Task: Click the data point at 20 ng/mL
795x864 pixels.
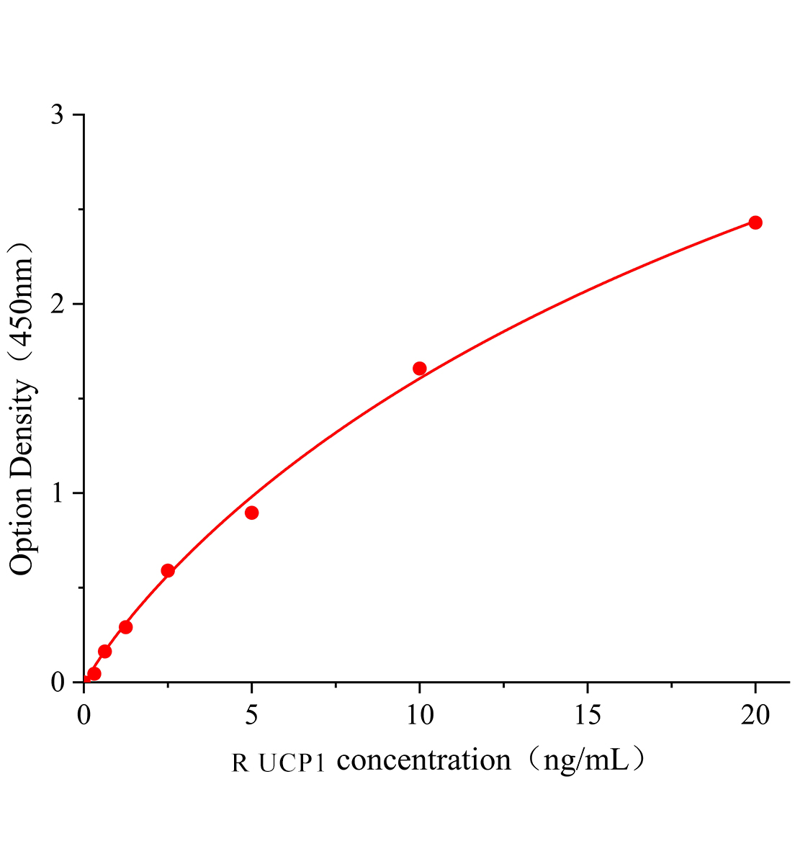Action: pyautogui.click(x=755, y=222)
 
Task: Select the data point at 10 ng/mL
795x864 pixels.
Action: pyautogui.click(x=419, y=369)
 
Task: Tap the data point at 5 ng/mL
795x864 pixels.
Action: pyautogui.click(x=251, y=513)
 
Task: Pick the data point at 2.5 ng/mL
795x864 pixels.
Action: pyautogui.click(x=168, y=570)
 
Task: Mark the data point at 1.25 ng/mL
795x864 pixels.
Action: pyautogui.click(x=125, y=626)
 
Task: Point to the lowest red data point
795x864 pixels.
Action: pyautogui.click(x=94, y=674)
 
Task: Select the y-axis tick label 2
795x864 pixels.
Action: pyautogui.click(x=58, y=304)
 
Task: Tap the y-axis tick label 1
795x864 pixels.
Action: pyautogui.click(x=58, y=493)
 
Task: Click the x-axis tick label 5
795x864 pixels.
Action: pyautogui.click(x=251, y=715)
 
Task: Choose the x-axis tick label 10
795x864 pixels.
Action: pyautogui.click(x=419, y=715)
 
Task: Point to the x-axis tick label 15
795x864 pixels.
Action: pyautogui.click(x=587, y=715)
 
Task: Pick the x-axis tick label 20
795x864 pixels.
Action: pyautogui.click(x=755, y=715)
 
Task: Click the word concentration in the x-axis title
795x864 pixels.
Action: pyautogui.click(x=423, y=760)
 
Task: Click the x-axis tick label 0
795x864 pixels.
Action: pyautogui.click(x=84, y=715)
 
